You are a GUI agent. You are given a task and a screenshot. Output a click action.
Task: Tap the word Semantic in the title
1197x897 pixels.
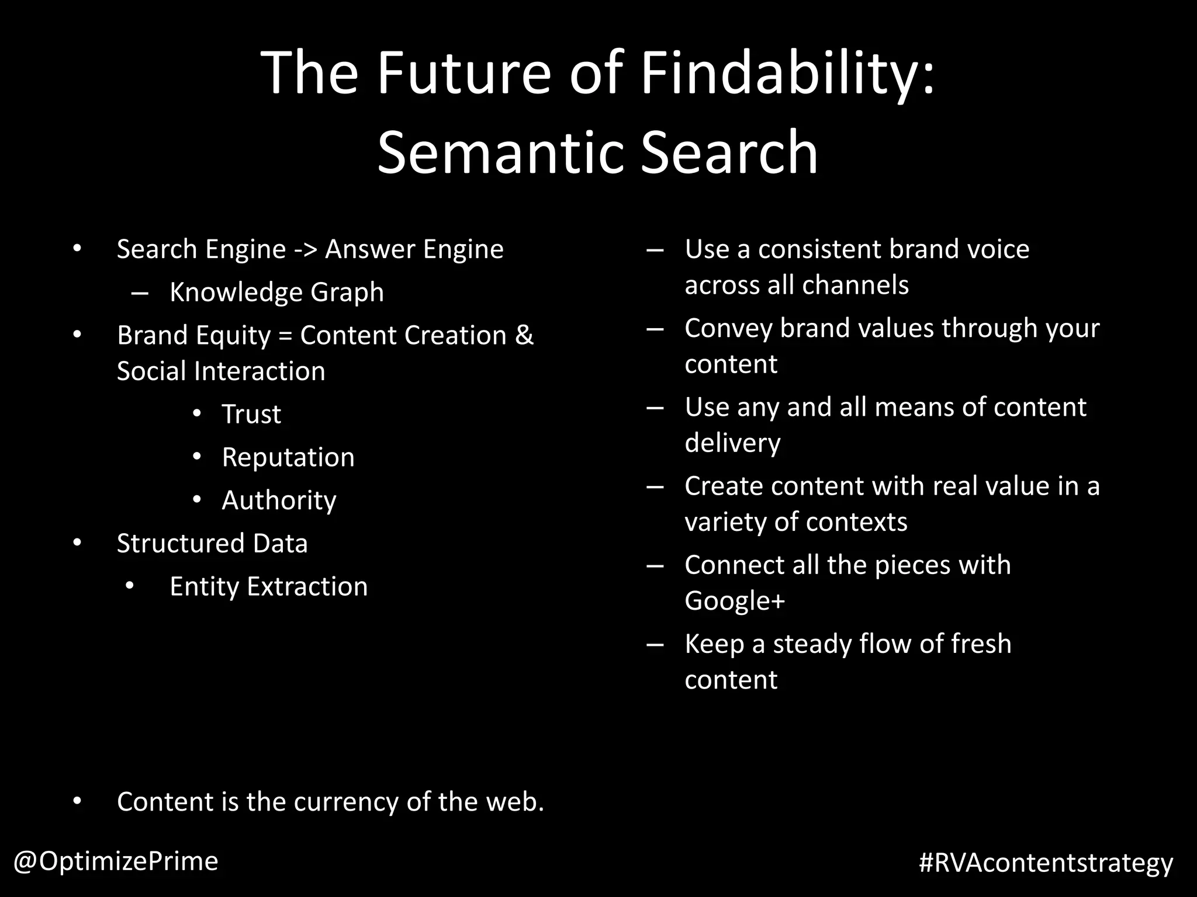pos(500,153)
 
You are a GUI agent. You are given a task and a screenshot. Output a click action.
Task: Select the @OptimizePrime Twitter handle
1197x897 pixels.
pos(116,861)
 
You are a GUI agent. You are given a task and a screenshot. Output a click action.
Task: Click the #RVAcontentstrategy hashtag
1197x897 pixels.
pos(1046,863)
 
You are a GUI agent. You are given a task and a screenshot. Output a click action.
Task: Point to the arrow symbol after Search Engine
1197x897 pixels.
pos(305,250)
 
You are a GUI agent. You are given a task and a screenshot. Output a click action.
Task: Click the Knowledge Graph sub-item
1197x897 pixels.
pos(276,292)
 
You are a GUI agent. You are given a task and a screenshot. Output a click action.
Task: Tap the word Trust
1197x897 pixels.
pos(251,414)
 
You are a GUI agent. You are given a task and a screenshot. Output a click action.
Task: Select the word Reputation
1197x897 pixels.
pos(288,457)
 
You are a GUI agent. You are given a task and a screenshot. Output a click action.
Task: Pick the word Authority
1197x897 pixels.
pos(279,500)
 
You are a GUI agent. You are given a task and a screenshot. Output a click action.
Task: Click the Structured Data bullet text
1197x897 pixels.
pos(212,544)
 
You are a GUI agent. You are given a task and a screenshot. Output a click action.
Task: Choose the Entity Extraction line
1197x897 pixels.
pos(268,586)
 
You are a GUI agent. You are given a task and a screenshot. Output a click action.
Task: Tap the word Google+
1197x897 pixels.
pos(735,601)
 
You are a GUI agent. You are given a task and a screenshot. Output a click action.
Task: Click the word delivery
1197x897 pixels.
pos(732,443)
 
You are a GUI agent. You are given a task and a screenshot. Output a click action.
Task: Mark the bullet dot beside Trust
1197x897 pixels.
pos(197,413)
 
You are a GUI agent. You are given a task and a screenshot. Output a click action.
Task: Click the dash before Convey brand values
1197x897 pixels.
pos(655,329)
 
